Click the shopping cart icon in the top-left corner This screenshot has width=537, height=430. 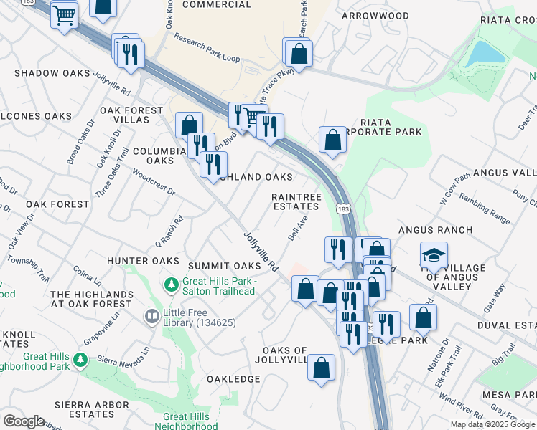[x=65, y=14]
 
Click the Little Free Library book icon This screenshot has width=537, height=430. [x=151, y=316]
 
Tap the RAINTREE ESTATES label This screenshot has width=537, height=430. [x=295, y=201]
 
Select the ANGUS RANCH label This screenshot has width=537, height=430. [x=435, y=229]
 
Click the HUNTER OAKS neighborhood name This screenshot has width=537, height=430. [x=143, y=261]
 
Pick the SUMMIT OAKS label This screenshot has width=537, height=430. [x=214, y=267]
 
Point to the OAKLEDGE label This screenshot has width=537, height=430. [x=232, y=378]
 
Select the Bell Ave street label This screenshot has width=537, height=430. [x=298, y=228]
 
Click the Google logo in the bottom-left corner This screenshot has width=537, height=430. [x=24, y=421]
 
